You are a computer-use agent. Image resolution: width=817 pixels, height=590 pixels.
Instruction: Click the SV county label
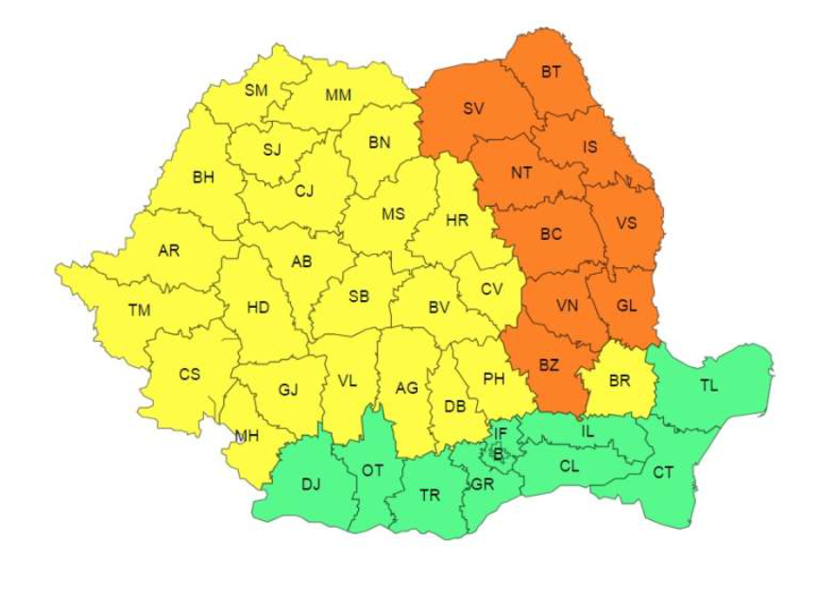(473, 109)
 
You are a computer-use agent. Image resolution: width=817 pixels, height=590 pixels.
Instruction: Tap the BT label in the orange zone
(551, 72)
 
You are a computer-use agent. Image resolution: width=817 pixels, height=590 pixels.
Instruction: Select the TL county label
(708, 385)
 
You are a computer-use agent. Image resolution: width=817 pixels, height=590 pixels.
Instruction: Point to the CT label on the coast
(663, 472)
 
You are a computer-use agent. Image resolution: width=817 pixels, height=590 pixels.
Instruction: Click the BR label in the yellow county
(620, 381)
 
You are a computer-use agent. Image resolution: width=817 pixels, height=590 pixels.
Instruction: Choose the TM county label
(139, 309)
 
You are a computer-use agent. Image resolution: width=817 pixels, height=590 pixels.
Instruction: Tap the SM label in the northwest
(256, 91)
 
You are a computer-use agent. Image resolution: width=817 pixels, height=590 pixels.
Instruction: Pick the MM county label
(338, 95)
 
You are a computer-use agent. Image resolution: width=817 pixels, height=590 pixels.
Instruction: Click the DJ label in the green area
(311, 484)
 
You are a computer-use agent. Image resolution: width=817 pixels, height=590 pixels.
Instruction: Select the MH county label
(247, 436)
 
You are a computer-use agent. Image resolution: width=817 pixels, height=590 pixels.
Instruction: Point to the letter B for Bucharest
(498, 454)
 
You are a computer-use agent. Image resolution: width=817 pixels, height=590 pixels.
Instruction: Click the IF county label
(501, 433)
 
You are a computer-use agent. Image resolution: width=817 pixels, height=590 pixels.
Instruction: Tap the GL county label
(626, 305)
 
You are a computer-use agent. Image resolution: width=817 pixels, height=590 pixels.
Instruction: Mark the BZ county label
(549, 364)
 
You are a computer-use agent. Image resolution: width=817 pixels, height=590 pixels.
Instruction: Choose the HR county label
(457, 220)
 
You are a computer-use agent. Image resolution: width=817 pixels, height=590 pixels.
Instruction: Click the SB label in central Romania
(359, 296)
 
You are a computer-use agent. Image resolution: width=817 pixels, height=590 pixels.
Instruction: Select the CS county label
(190, 374)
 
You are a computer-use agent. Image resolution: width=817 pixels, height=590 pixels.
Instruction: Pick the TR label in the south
(430, 495)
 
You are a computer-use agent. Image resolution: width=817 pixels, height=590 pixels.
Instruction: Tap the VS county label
(626, 225)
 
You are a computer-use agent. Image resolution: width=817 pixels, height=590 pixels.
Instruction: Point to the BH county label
(203, 177)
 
